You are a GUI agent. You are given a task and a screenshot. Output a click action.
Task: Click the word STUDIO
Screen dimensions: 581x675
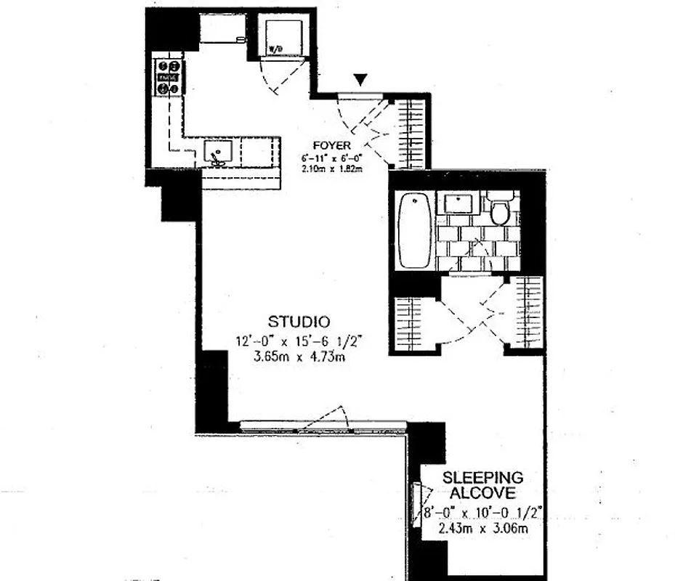point(299,322)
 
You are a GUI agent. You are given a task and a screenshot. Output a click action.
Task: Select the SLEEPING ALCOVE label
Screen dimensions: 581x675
point(483,485)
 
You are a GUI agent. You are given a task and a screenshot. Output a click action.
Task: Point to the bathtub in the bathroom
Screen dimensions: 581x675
point(416,231)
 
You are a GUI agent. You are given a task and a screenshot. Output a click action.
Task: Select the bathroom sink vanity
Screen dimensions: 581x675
point(459,203)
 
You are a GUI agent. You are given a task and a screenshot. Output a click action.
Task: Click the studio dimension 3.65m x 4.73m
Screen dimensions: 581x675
point(299,358)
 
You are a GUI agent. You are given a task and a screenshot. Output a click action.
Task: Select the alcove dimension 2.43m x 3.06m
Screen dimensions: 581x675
point(483,529)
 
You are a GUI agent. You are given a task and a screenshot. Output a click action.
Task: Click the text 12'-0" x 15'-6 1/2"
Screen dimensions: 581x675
point(299,341)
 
